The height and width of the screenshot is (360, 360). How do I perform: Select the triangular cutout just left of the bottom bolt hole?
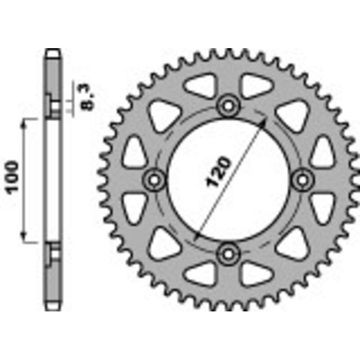click(200, 272)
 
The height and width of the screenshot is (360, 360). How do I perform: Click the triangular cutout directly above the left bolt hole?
click(135, 151)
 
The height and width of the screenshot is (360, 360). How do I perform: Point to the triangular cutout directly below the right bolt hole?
click(321, 207)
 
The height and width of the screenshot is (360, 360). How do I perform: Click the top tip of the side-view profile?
click(53, 50)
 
